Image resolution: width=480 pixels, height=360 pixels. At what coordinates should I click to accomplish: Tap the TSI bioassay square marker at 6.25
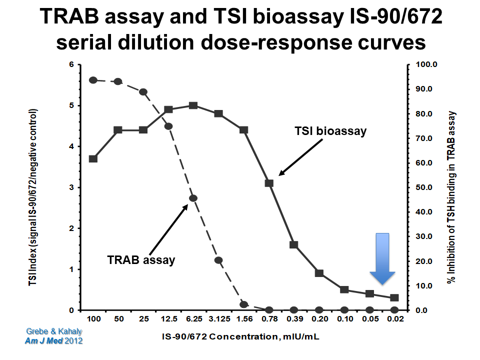(193, 105)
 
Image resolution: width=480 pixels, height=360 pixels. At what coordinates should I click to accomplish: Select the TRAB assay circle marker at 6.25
(193, 198)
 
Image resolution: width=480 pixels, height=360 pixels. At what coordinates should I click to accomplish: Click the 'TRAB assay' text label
(141, 260)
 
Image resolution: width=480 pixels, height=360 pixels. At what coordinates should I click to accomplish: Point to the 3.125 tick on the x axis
(218, 318)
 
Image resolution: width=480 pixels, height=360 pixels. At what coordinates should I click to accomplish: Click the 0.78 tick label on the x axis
(268, 318)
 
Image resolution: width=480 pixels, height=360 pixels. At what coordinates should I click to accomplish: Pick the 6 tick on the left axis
(71, 65)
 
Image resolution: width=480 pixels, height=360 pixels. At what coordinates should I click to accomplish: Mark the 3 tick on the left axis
(71, 187)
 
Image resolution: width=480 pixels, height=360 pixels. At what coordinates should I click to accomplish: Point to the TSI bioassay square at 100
(93, 158)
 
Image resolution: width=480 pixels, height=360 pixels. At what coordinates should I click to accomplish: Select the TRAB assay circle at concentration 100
(93, 80)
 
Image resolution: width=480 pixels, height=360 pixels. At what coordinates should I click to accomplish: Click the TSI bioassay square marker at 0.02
(394, 298)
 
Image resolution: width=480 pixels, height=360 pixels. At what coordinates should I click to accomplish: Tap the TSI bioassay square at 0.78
(268, 183)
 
